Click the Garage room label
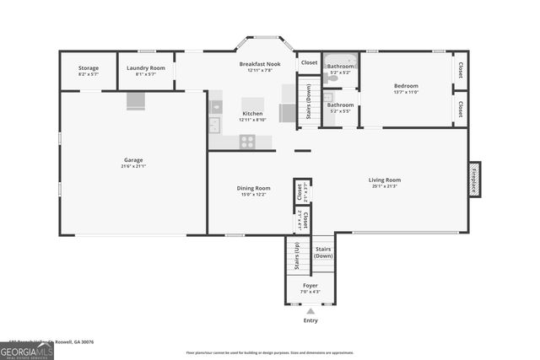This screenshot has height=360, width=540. (x=133, y=159)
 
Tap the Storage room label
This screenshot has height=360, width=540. (x=89, y=67)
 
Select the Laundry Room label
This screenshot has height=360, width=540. (x=146, y=67)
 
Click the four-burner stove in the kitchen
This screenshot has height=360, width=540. (x=247, y=141)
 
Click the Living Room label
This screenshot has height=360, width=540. (x=384, y=180)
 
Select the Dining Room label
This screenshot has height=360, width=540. (x=253, y=188)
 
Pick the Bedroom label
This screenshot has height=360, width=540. (x=407, y=86)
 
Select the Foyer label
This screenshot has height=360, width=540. (x=310, y=286)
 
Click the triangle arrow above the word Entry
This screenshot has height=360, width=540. (x=310, y=311)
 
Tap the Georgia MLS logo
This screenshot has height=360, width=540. (x=27, y=351)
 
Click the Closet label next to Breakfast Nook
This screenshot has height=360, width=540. (x=309, y=62)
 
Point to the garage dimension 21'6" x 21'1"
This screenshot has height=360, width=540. (x=133, y=166)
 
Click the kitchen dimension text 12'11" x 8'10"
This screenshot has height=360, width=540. (x=252, y=120)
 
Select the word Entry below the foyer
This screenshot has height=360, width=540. (x=310, y=320)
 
